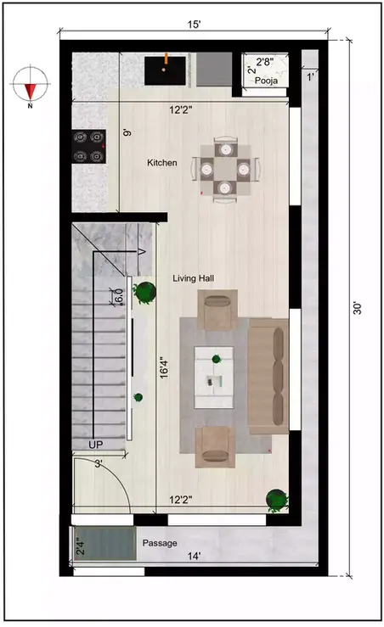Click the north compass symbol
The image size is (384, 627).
(x=30, y=85)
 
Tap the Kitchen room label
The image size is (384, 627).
(x=162, y=162)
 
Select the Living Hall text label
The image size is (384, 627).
(x=196, y=278)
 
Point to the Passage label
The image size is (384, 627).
(x=160, y=542)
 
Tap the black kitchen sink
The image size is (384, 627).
(x=165, y=69)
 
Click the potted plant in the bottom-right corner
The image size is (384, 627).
(x=276, y=501)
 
